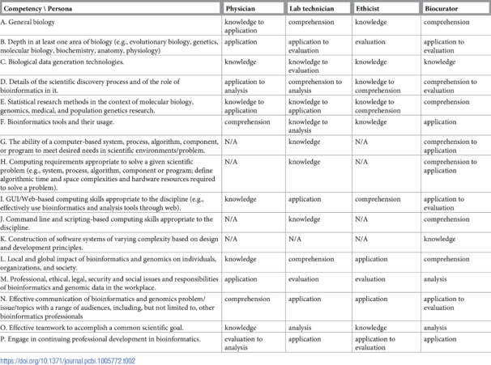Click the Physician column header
(241, 7)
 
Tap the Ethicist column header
(369, 7)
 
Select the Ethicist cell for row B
(372, 42)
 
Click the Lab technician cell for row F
(307, 127)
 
